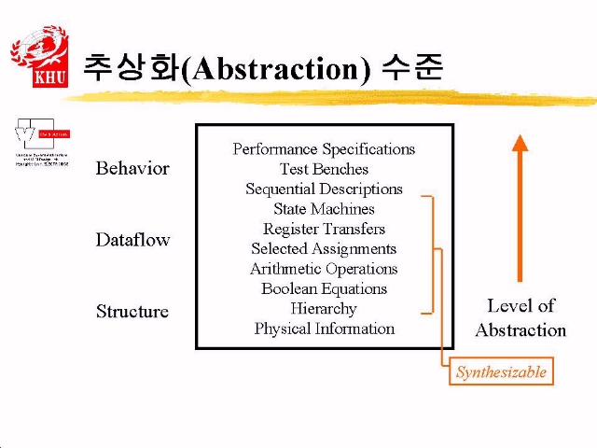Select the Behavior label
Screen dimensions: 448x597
tap(132, 169)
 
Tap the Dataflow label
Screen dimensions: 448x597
tap(132, 240)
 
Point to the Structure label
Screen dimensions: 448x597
tap(132, 312)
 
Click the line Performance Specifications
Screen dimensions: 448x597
tap(324, 149)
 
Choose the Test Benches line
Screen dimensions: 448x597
tap(324, 169)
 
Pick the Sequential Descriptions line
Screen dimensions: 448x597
tap(324, 189)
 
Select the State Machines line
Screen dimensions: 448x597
tap(324, 209)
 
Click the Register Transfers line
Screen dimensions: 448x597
tap(324, 229)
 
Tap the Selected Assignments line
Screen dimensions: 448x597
tap(324, 248)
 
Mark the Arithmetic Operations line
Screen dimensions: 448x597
tap(324, 269)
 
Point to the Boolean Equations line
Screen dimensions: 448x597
tap(324, 288)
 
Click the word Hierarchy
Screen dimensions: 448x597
tap(324, 308)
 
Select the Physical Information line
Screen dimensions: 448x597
tap(324, 329)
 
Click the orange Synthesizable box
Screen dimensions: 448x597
tap(501, 372)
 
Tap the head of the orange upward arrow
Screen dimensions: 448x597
tap(521, 144)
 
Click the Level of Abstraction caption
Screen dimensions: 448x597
tap(521, 317)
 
